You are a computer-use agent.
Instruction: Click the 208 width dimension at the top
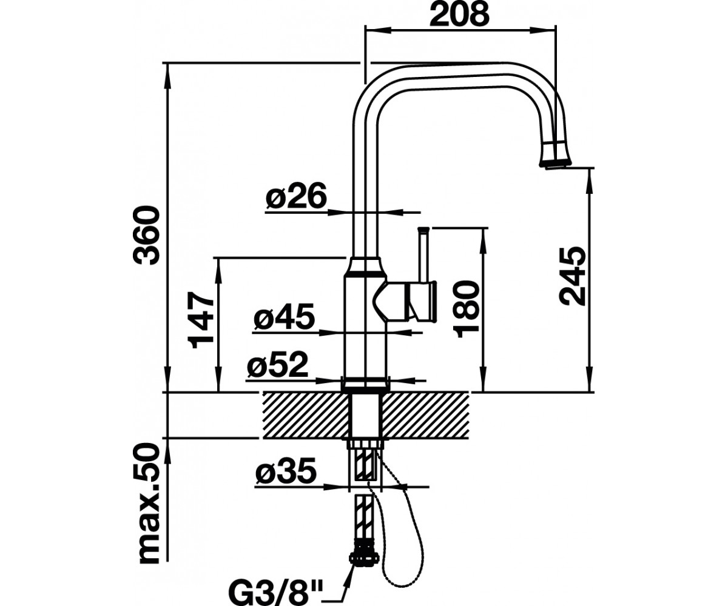click(x=459, y=15)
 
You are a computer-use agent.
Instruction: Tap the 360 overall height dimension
click(x=147, y=236)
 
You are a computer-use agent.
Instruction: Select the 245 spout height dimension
click(x=573, y=276)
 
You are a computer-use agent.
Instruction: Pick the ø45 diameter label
click(x=284, y=316)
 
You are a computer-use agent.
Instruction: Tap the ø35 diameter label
click(x=286, y=471)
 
